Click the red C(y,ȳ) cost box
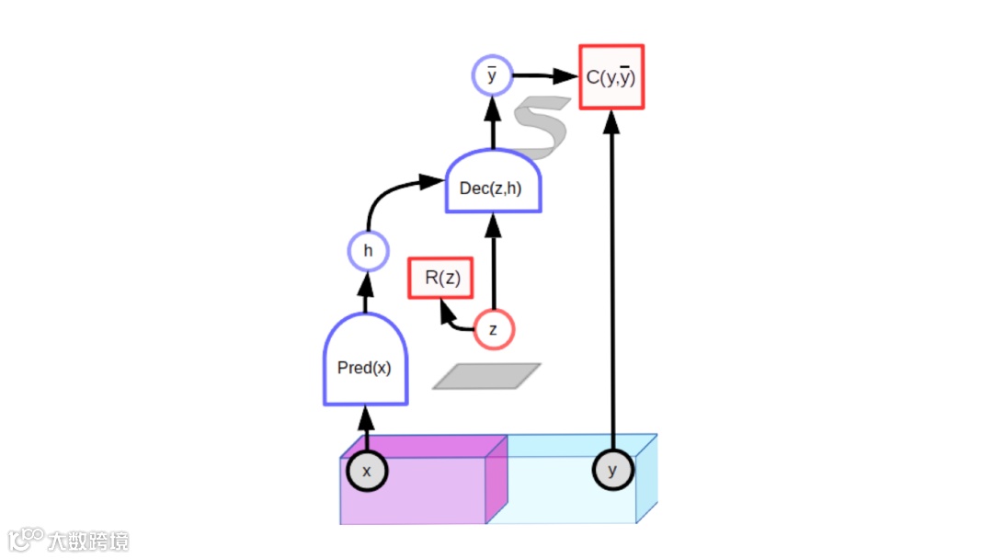click(611, 77)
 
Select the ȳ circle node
click(492, 75)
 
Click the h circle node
click(368, 250)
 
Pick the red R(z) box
click(441, 278)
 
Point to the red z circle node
click(494, 329)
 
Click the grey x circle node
click(367, 471)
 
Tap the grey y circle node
click(613, 471)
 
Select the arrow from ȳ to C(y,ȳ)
click(542, 76)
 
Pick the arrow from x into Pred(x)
click(366, 425)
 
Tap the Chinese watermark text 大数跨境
click(89, 541)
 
